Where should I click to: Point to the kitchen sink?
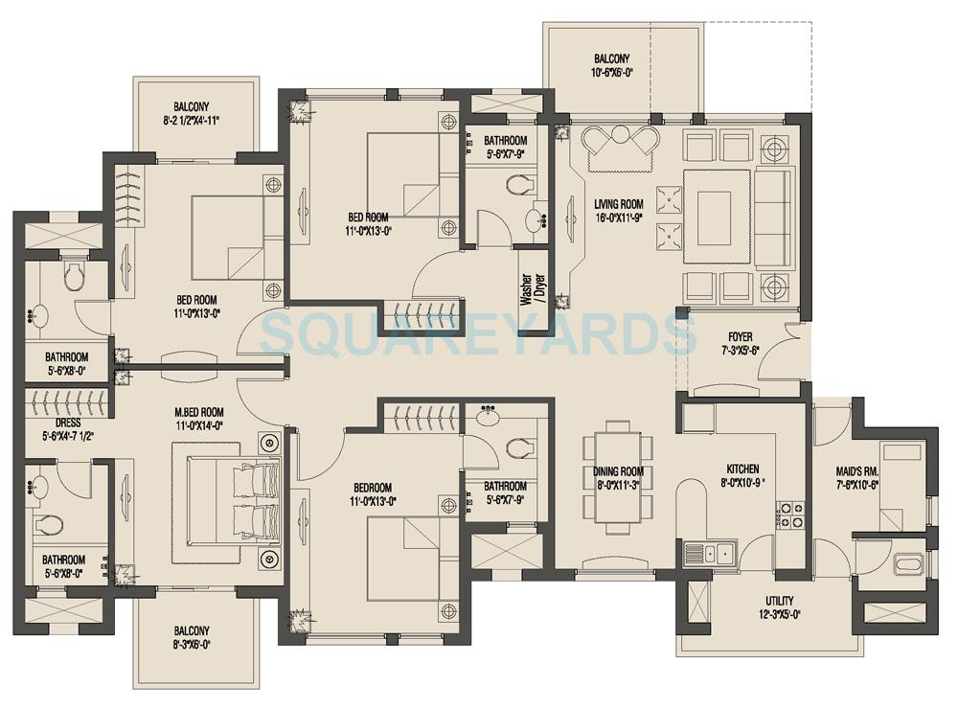coord(708,553)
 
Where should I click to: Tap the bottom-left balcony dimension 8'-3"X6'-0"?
coord(192,646)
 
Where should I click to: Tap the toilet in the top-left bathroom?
coord(72,277)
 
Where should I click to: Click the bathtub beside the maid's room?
coord(907,563)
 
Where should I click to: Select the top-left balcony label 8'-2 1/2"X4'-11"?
coord(192,114)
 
